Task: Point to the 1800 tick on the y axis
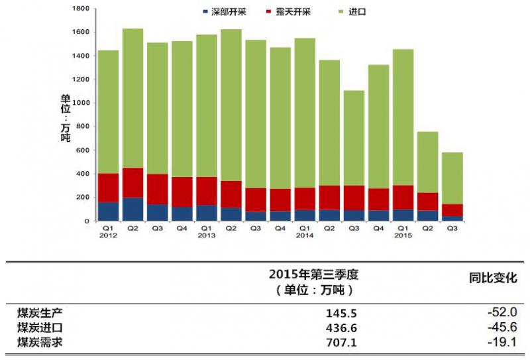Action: (79, 9)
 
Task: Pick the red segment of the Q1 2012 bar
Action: (108, 188)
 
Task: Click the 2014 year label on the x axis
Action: (304, 235)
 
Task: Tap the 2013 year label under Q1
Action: (206, 235)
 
